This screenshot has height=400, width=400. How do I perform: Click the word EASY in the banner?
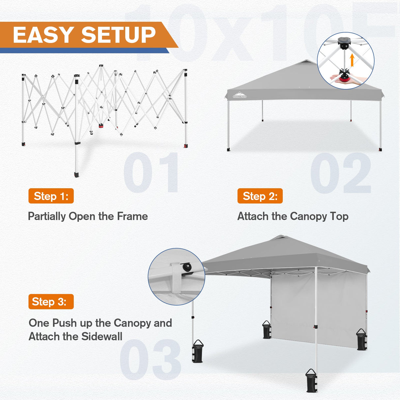click(43, 35)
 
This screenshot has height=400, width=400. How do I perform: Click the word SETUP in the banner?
click(118, 35)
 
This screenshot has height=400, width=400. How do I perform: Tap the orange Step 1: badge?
click(51, 196)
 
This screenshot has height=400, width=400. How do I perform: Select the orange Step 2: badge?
click(260, 196)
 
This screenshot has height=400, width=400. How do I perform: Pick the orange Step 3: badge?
click(51, 301)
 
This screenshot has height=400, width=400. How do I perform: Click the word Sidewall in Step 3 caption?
click(102, 336)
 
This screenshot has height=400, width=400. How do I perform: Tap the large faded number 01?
click(151, 173)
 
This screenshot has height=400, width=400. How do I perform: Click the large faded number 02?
click(341, 173)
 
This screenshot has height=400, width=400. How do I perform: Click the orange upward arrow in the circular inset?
click(352, 60)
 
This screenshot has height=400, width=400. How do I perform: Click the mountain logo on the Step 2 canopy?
click(240, 95)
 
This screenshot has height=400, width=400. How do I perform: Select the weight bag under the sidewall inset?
click(197, 352)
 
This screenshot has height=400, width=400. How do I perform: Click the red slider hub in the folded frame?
click(101, 126)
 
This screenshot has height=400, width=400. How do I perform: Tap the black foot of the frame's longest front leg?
click(77, 174)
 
